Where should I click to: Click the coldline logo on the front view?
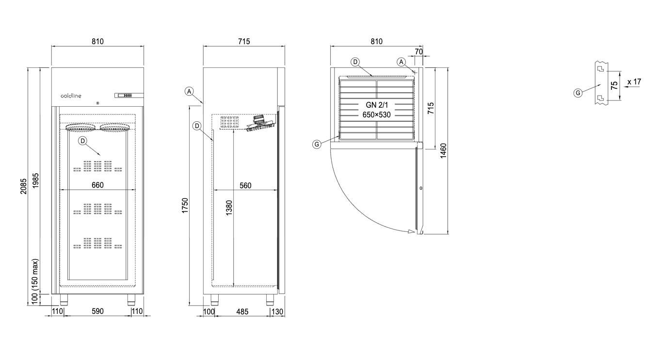click(71, 96)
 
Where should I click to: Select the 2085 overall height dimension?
click(23, 186)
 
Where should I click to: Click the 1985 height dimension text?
click(35, 180)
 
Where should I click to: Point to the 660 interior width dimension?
click(97, 185)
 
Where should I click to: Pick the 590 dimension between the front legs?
click(97, 311)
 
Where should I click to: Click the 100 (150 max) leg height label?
click(35, 281)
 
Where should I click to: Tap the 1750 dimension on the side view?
click(185, 205)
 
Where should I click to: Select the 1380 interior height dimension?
click(229, 208)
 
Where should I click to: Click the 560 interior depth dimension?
click(245, 185)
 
